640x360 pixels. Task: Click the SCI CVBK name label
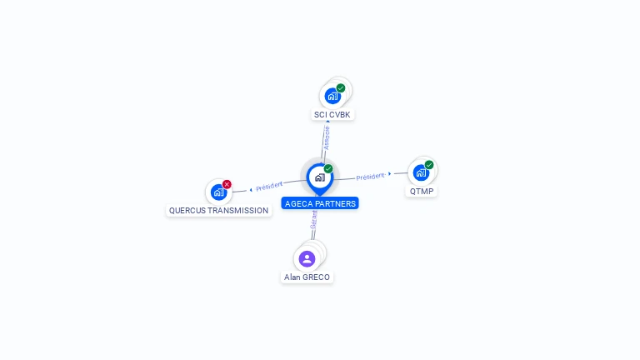coord(332,114)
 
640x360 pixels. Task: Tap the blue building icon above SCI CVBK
coord(332,96)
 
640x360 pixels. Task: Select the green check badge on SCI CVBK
coord(341,87)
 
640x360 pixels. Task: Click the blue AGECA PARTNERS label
coord(320,203)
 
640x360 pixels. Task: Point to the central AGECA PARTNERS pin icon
coord(319,177)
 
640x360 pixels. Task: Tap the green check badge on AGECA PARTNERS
coord(328,168)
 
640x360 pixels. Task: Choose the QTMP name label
coord(421,191)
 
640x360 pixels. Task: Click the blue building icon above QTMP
coord(421,172)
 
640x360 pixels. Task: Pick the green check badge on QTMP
coord(429,164)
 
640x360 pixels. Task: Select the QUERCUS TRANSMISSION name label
coord(218,210)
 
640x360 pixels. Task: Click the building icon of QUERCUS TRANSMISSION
coord(218,192)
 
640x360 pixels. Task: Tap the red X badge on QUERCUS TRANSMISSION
coord(227,184)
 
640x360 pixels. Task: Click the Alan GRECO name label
coord(307,277)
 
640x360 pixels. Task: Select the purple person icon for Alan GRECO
coord(307,258)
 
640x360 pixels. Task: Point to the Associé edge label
coord(327,137)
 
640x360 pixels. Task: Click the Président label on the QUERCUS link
coord(269,186)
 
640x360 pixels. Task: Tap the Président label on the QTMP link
coord(370,176)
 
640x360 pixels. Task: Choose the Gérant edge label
coord(314,220)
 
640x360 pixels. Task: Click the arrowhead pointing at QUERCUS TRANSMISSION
coord(250,189)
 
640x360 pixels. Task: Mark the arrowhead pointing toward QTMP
coord(390,173)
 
